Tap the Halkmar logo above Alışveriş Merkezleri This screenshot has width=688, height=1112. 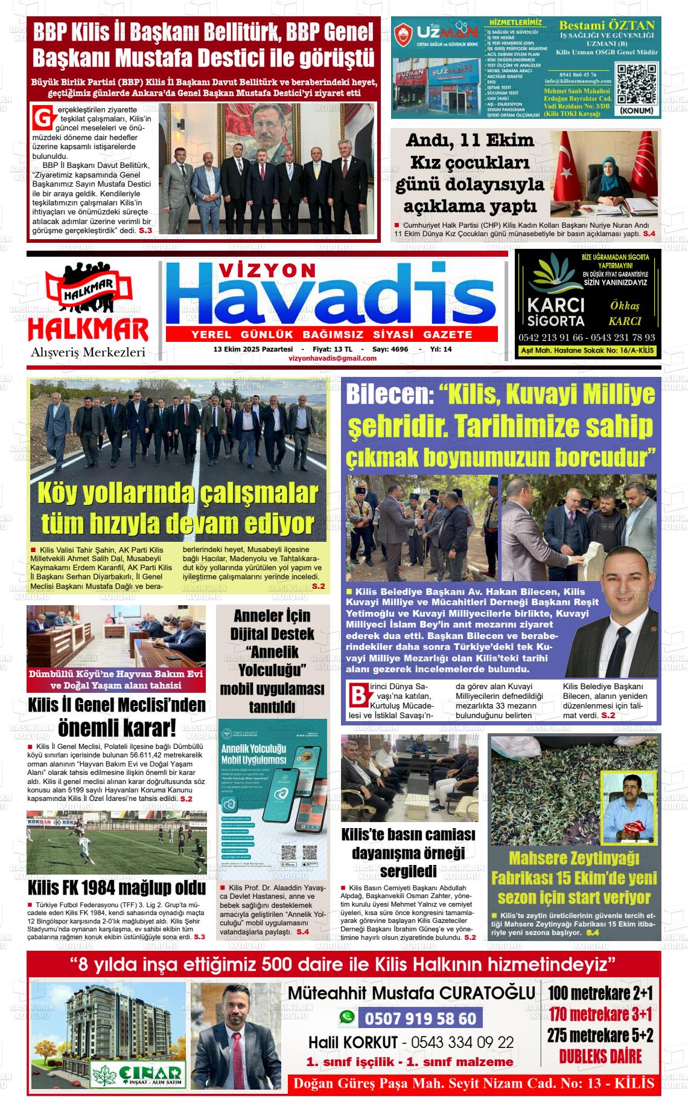(x=88, y=304)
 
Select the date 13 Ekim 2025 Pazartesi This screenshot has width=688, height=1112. (x=253, y=349)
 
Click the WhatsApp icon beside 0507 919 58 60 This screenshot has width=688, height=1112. (x=347, y=1017)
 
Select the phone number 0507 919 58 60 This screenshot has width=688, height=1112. (x=421, y=1019)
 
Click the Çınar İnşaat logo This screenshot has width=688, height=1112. (x=137, y=1073)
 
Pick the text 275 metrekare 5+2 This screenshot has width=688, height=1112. (x=600, y=1035)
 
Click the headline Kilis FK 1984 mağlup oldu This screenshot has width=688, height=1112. (x=116, y=888)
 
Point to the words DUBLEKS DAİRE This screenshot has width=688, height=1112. (x=600, y=1056)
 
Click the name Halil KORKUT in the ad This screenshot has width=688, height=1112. (x=353, y=1043)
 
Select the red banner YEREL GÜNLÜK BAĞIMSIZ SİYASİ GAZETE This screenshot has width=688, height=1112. (x=331, y=335)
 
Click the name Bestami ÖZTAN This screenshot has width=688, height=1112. (x=607, y=25)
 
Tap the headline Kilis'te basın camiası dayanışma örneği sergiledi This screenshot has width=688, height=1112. (x=409, y=853)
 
